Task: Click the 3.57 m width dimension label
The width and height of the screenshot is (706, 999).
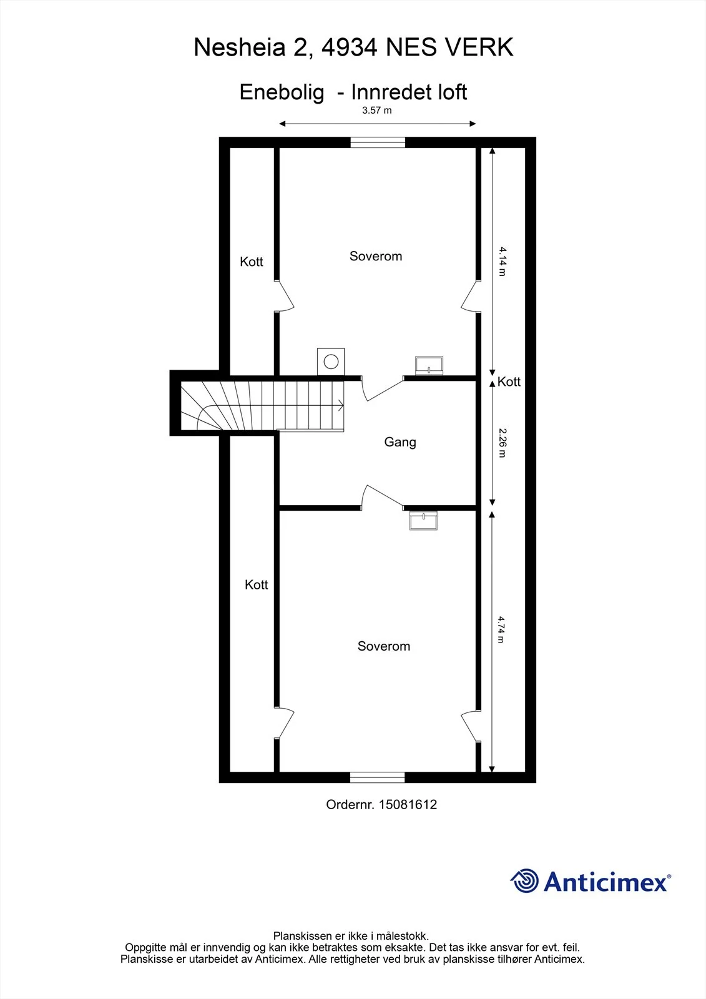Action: [x=377, y=110]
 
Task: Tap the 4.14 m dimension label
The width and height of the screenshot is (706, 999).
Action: [x=503, y=262]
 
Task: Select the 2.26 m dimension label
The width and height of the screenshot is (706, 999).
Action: [x=503, y=443]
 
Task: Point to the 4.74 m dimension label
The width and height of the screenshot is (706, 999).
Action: [x=502, y=630]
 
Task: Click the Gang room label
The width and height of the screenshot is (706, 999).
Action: [x=400, y=442]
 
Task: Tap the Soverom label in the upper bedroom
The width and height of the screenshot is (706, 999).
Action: [x=376, y=256]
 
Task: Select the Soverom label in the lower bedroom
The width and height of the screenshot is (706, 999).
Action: [x=383, y=646]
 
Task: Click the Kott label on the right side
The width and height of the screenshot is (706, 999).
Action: [x=509, y=381]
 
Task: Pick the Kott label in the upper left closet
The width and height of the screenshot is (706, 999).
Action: [x=251, y=262]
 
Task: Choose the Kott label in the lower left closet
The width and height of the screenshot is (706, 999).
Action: [x=256, y=584]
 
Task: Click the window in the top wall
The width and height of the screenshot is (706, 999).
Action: [x=378, y=142]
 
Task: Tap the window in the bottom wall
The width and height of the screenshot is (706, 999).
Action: [x=377, y=777]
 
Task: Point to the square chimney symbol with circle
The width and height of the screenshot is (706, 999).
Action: [x=331, y=362]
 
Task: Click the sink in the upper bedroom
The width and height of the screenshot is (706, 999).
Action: [x=429, y=366]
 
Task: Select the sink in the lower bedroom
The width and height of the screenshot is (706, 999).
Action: [x=423, y=521]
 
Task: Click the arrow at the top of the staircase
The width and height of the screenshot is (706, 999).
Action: [x=341, y=406]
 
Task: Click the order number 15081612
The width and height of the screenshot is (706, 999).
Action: [x=408, y=805]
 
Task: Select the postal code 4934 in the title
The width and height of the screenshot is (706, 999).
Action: [x=350, y=47]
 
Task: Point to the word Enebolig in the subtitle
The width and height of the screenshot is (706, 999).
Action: [x=282, y=93]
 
